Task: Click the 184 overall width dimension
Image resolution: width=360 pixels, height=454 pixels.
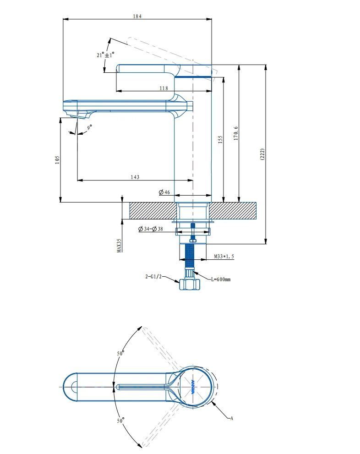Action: coord(137,16)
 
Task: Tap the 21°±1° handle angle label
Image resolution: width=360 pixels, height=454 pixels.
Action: coord(105,55)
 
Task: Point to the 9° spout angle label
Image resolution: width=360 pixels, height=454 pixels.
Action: coord(89,127)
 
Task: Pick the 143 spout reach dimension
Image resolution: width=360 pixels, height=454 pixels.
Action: coord(135,177)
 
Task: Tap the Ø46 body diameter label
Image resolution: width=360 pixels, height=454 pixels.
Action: coord(164,192)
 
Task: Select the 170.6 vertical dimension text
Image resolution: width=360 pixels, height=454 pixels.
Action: coord(236,133)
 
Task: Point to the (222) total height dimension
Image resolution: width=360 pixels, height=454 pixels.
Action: coord(262,153)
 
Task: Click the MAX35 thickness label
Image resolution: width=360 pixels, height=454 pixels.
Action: coord(119,245)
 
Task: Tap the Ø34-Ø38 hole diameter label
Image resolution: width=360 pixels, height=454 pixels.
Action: coord(151,229)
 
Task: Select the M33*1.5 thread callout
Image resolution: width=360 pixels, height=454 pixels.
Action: coord(224,257)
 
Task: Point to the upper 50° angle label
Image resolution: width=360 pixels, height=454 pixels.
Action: coord(120,353)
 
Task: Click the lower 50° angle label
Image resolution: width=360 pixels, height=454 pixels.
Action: coord(121,420)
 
